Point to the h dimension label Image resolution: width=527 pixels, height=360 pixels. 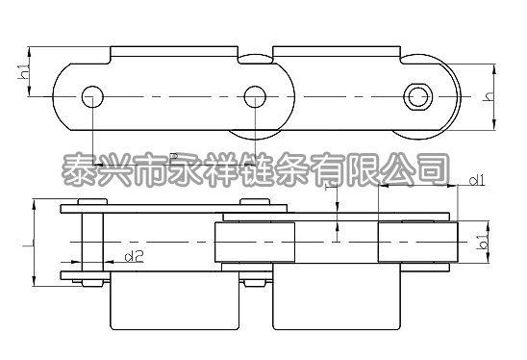click(489, 95)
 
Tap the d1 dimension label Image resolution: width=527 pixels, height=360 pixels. click(477, 180)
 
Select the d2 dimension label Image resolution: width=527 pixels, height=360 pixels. click(135, 256)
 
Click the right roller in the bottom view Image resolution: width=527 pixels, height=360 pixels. click(416, 241)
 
